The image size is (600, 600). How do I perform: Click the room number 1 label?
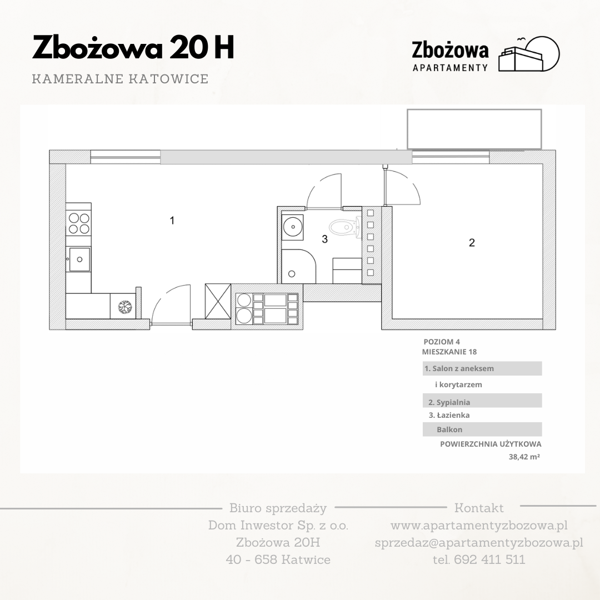click(x=172, y=221)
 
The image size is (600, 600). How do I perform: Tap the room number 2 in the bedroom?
click(x=472, y=243)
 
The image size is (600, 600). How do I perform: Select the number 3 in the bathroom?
click(x=325, y=239)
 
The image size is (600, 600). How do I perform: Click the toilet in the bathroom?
click(x=345, y=227)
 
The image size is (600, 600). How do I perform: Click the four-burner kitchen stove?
click(x=79, y=223)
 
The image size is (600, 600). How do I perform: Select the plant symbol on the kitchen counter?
click(x=124, y=307)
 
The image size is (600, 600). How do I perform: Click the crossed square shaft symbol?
click(x=218, y=301)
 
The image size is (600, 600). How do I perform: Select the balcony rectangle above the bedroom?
click(x=474, y=129)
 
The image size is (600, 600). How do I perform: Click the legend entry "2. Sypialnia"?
click(x=449, y=402)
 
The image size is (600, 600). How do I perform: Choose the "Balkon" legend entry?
click(x=449, y=429)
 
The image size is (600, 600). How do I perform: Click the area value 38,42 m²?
click(x=524, y=457)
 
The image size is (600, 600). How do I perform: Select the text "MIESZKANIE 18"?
click(x=449, y=352)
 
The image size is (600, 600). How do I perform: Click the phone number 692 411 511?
click(x=489, y=559)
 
